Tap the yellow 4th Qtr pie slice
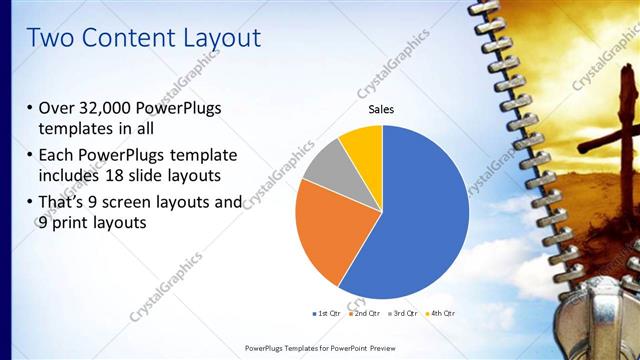click(363, 142)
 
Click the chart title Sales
click(381, 109)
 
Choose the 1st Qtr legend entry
click(327, 313)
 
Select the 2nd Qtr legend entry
click(366, 313)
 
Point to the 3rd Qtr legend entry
click(404, 313)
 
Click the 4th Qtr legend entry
click(442, 313)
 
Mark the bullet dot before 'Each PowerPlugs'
click(31, 157)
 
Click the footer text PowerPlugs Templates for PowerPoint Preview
click(319, 347)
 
